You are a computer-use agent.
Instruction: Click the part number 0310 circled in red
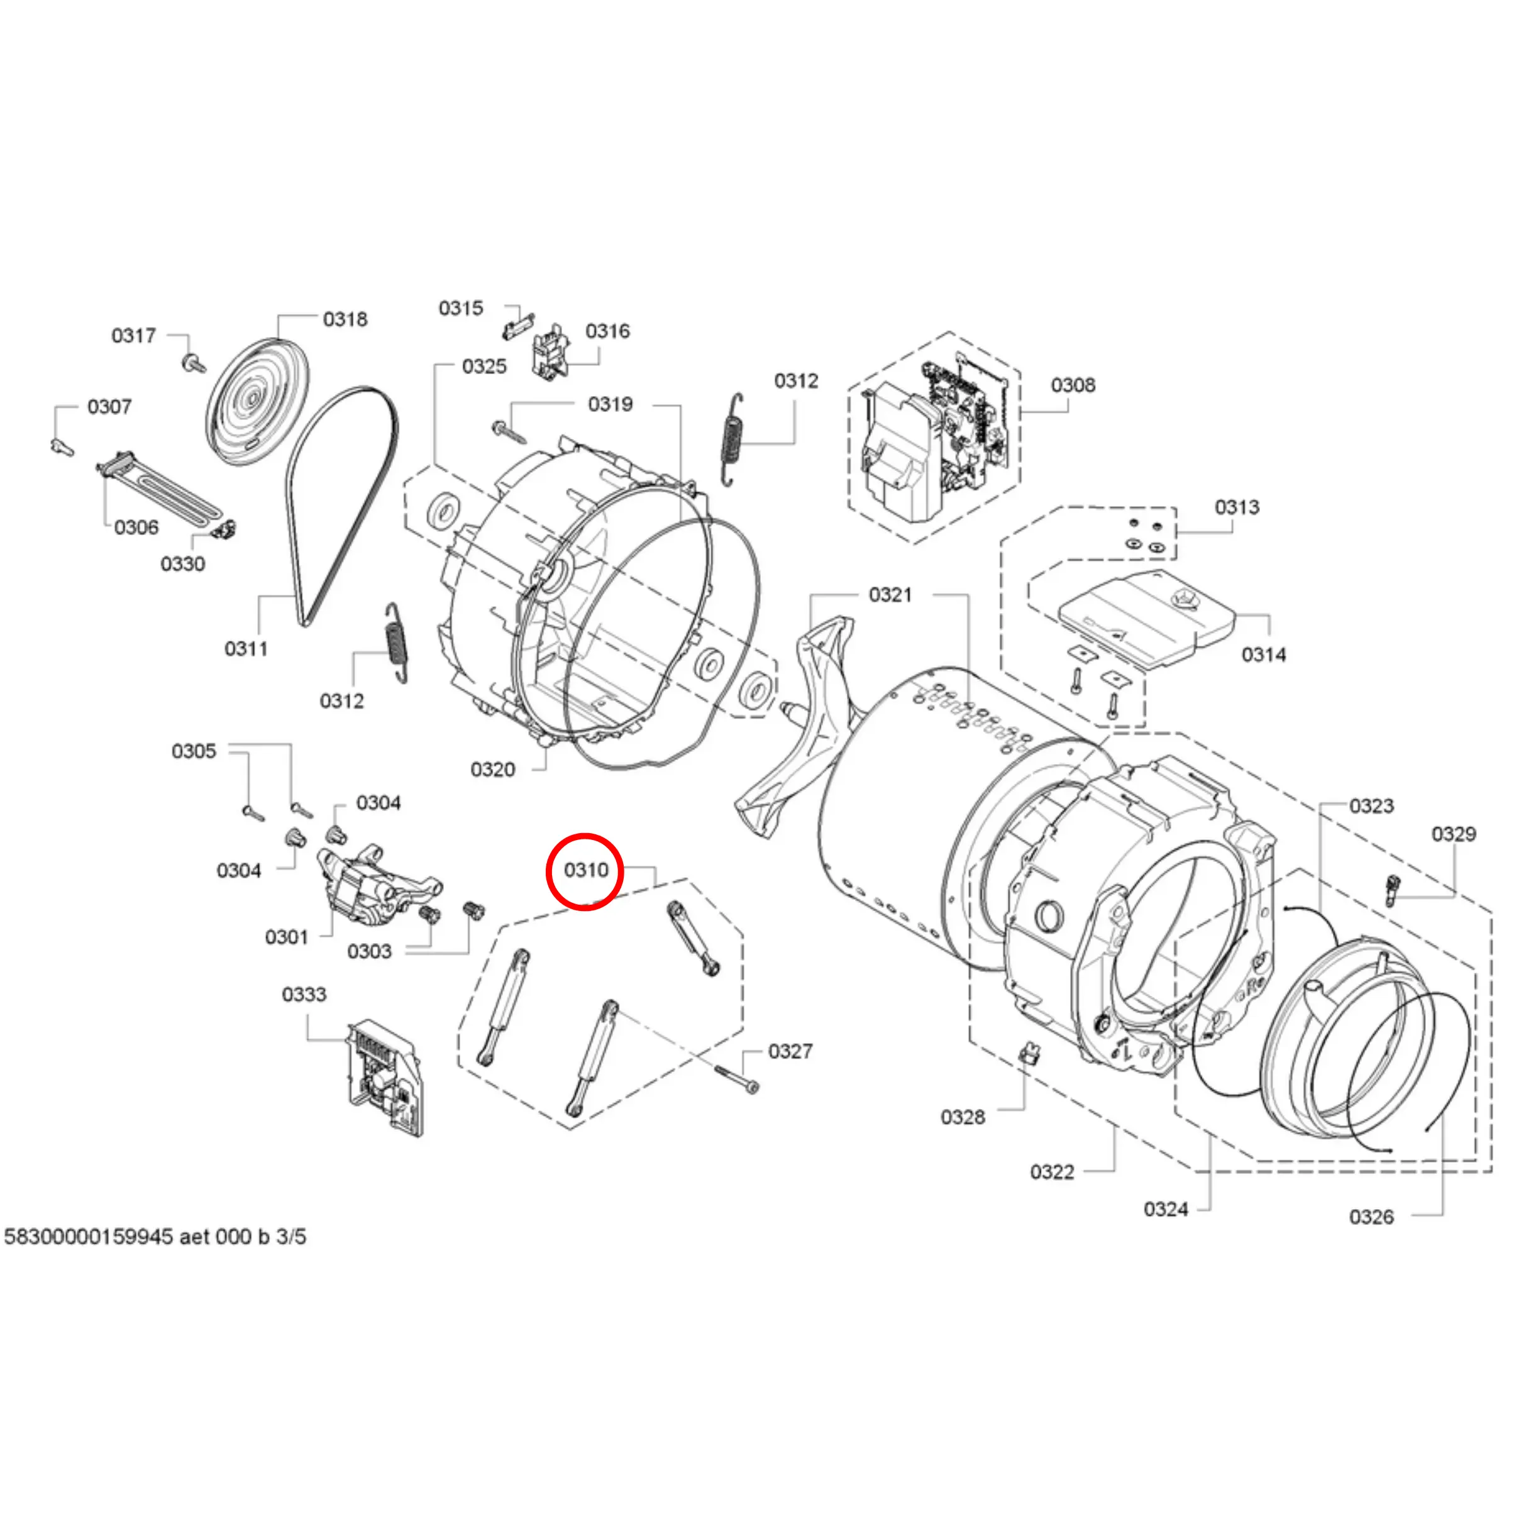coord(585,870)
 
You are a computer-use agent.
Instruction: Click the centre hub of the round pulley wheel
coord(252,398)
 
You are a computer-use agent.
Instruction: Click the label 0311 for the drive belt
coord(246,649)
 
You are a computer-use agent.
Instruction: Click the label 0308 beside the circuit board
coord(1073,385)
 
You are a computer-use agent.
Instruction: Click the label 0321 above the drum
coord(890,595)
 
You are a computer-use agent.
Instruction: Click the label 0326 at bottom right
coord(1371,1217)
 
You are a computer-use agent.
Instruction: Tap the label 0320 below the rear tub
coord(492,770)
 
